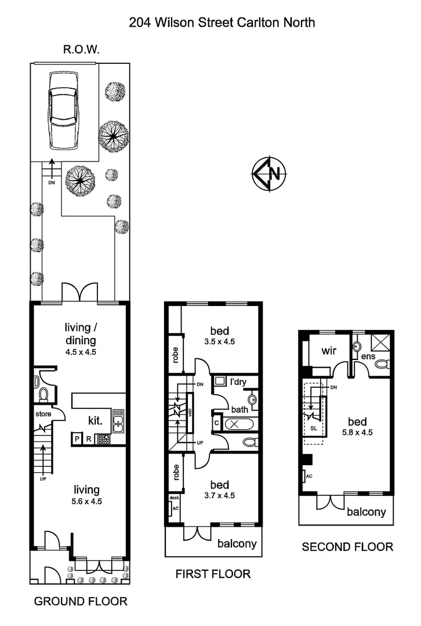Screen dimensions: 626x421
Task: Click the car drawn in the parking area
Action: [65, 110]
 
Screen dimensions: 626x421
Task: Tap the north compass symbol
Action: [268, 173]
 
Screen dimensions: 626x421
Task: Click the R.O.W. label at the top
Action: [81, 50]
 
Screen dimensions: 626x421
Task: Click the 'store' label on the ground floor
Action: [43, 415]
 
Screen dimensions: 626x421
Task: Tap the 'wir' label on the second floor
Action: [330, 351]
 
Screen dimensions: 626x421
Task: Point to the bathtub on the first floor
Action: [238, 424]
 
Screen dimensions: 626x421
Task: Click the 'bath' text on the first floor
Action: [239, 409]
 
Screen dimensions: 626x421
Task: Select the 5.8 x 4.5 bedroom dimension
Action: [358, 431]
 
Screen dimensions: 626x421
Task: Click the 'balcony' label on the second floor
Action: [366, 512]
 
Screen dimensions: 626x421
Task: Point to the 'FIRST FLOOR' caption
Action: [213, 574]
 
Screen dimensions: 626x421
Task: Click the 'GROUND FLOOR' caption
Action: [81, 601]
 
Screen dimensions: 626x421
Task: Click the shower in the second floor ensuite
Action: [381, 342]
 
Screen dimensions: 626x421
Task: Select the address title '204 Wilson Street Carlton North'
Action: [222, 23]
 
